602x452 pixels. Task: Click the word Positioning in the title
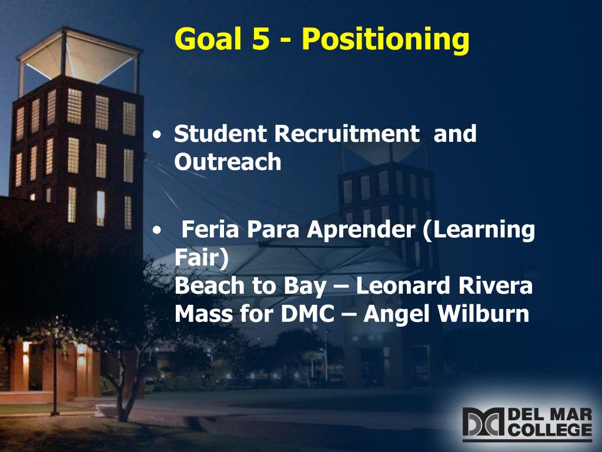tap(386, 39)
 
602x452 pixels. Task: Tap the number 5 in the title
tap(260, 38)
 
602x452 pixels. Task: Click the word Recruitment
tap(347, 134)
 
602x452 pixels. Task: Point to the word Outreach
tap(228, 161)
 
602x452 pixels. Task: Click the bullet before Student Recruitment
tap(156, 135)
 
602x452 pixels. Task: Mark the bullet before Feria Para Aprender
tap(156, 231)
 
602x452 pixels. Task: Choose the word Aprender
tap(361, 230)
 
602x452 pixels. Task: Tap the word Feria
tap(211, 229)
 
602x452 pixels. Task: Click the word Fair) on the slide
tap(202, 258)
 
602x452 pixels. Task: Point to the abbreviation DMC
tap(307, 314)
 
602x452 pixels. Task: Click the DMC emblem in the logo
tap(483, 422)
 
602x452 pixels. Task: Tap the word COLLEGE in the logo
tap(550, 429)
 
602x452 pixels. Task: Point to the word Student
tap(220, 134)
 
